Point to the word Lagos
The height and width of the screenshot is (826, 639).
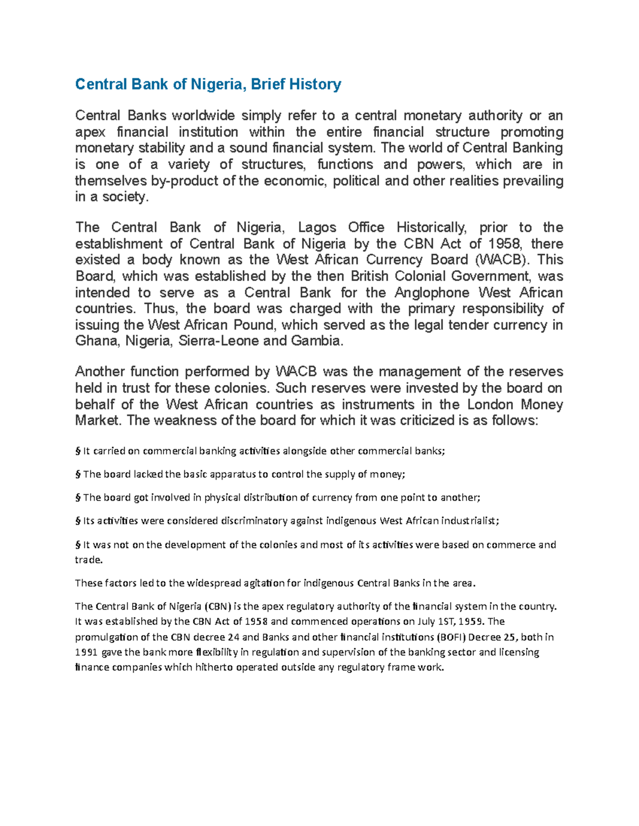[317, 228]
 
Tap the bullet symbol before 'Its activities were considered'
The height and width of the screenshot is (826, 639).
[78, 521]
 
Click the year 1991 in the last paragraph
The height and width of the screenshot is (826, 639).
[86, 653]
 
